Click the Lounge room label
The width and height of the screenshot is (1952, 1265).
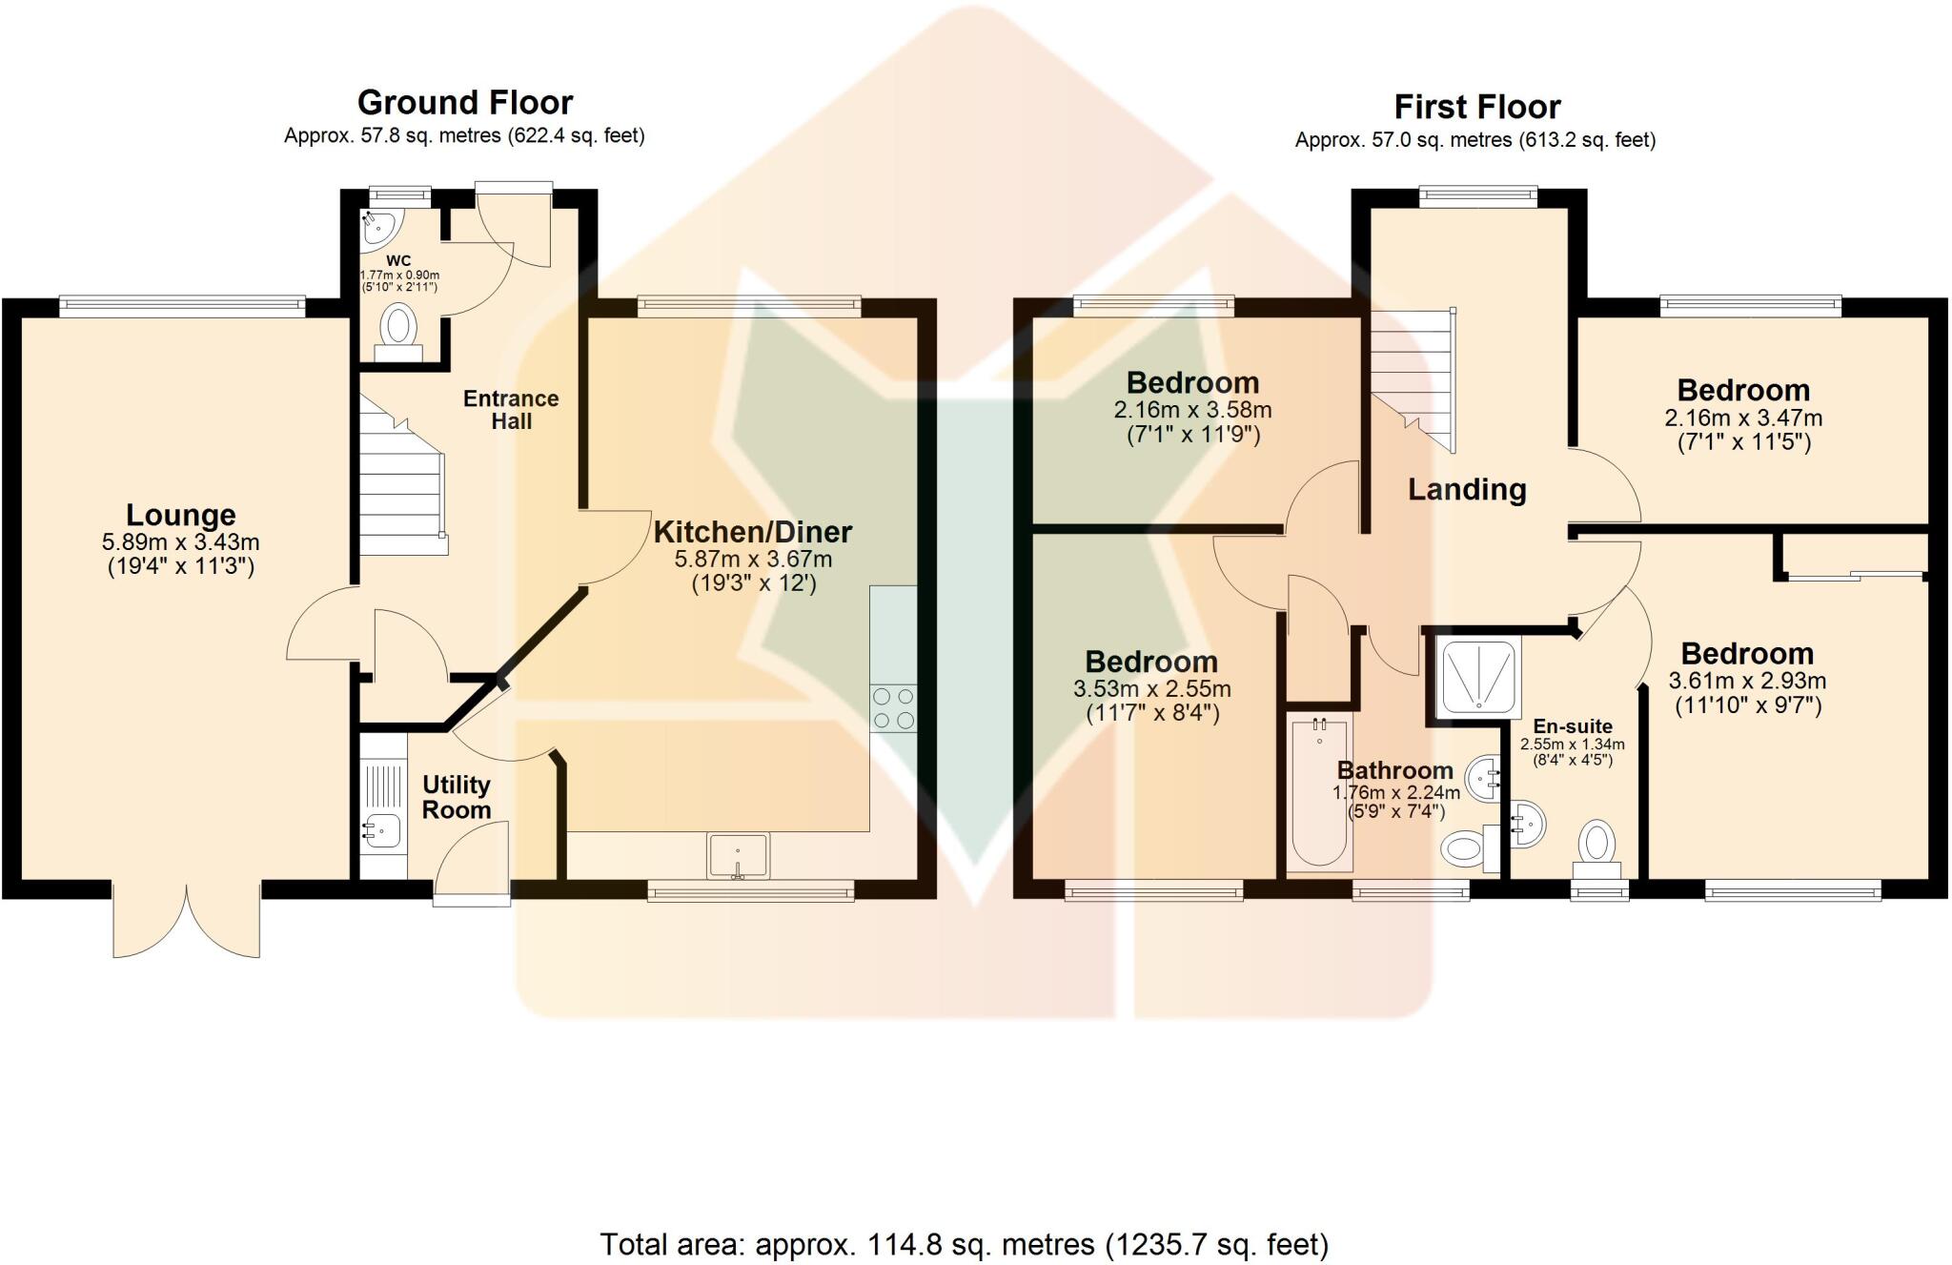(180, 516)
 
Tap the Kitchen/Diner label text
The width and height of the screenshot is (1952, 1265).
(752, 532)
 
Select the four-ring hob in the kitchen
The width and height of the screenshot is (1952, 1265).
(893, 708)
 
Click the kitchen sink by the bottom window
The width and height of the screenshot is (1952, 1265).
(737, 855)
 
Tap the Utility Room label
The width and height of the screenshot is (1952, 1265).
(457, 797)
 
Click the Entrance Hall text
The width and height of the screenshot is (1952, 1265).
(511, 410)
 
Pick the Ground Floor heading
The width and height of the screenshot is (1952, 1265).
(465, 102)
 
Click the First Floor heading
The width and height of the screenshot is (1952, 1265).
(1476, 106)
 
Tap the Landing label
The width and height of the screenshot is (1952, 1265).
(1467, 490)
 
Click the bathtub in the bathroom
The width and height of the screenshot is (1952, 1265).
(1319, 794)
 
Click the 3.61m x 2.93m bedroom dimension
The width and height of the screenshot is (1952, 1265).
(1747, 681)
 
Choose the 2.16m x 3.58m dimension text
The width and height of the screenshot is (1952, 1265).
(1192, 410)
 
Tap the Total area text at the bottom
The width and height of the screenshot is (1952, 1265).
(964, 1244)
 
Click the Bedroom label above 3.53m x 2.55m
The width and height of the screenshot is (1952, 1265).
(1151, 662)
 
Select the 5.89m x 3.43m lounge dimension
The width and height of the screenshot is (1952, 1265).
(180, 542)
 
